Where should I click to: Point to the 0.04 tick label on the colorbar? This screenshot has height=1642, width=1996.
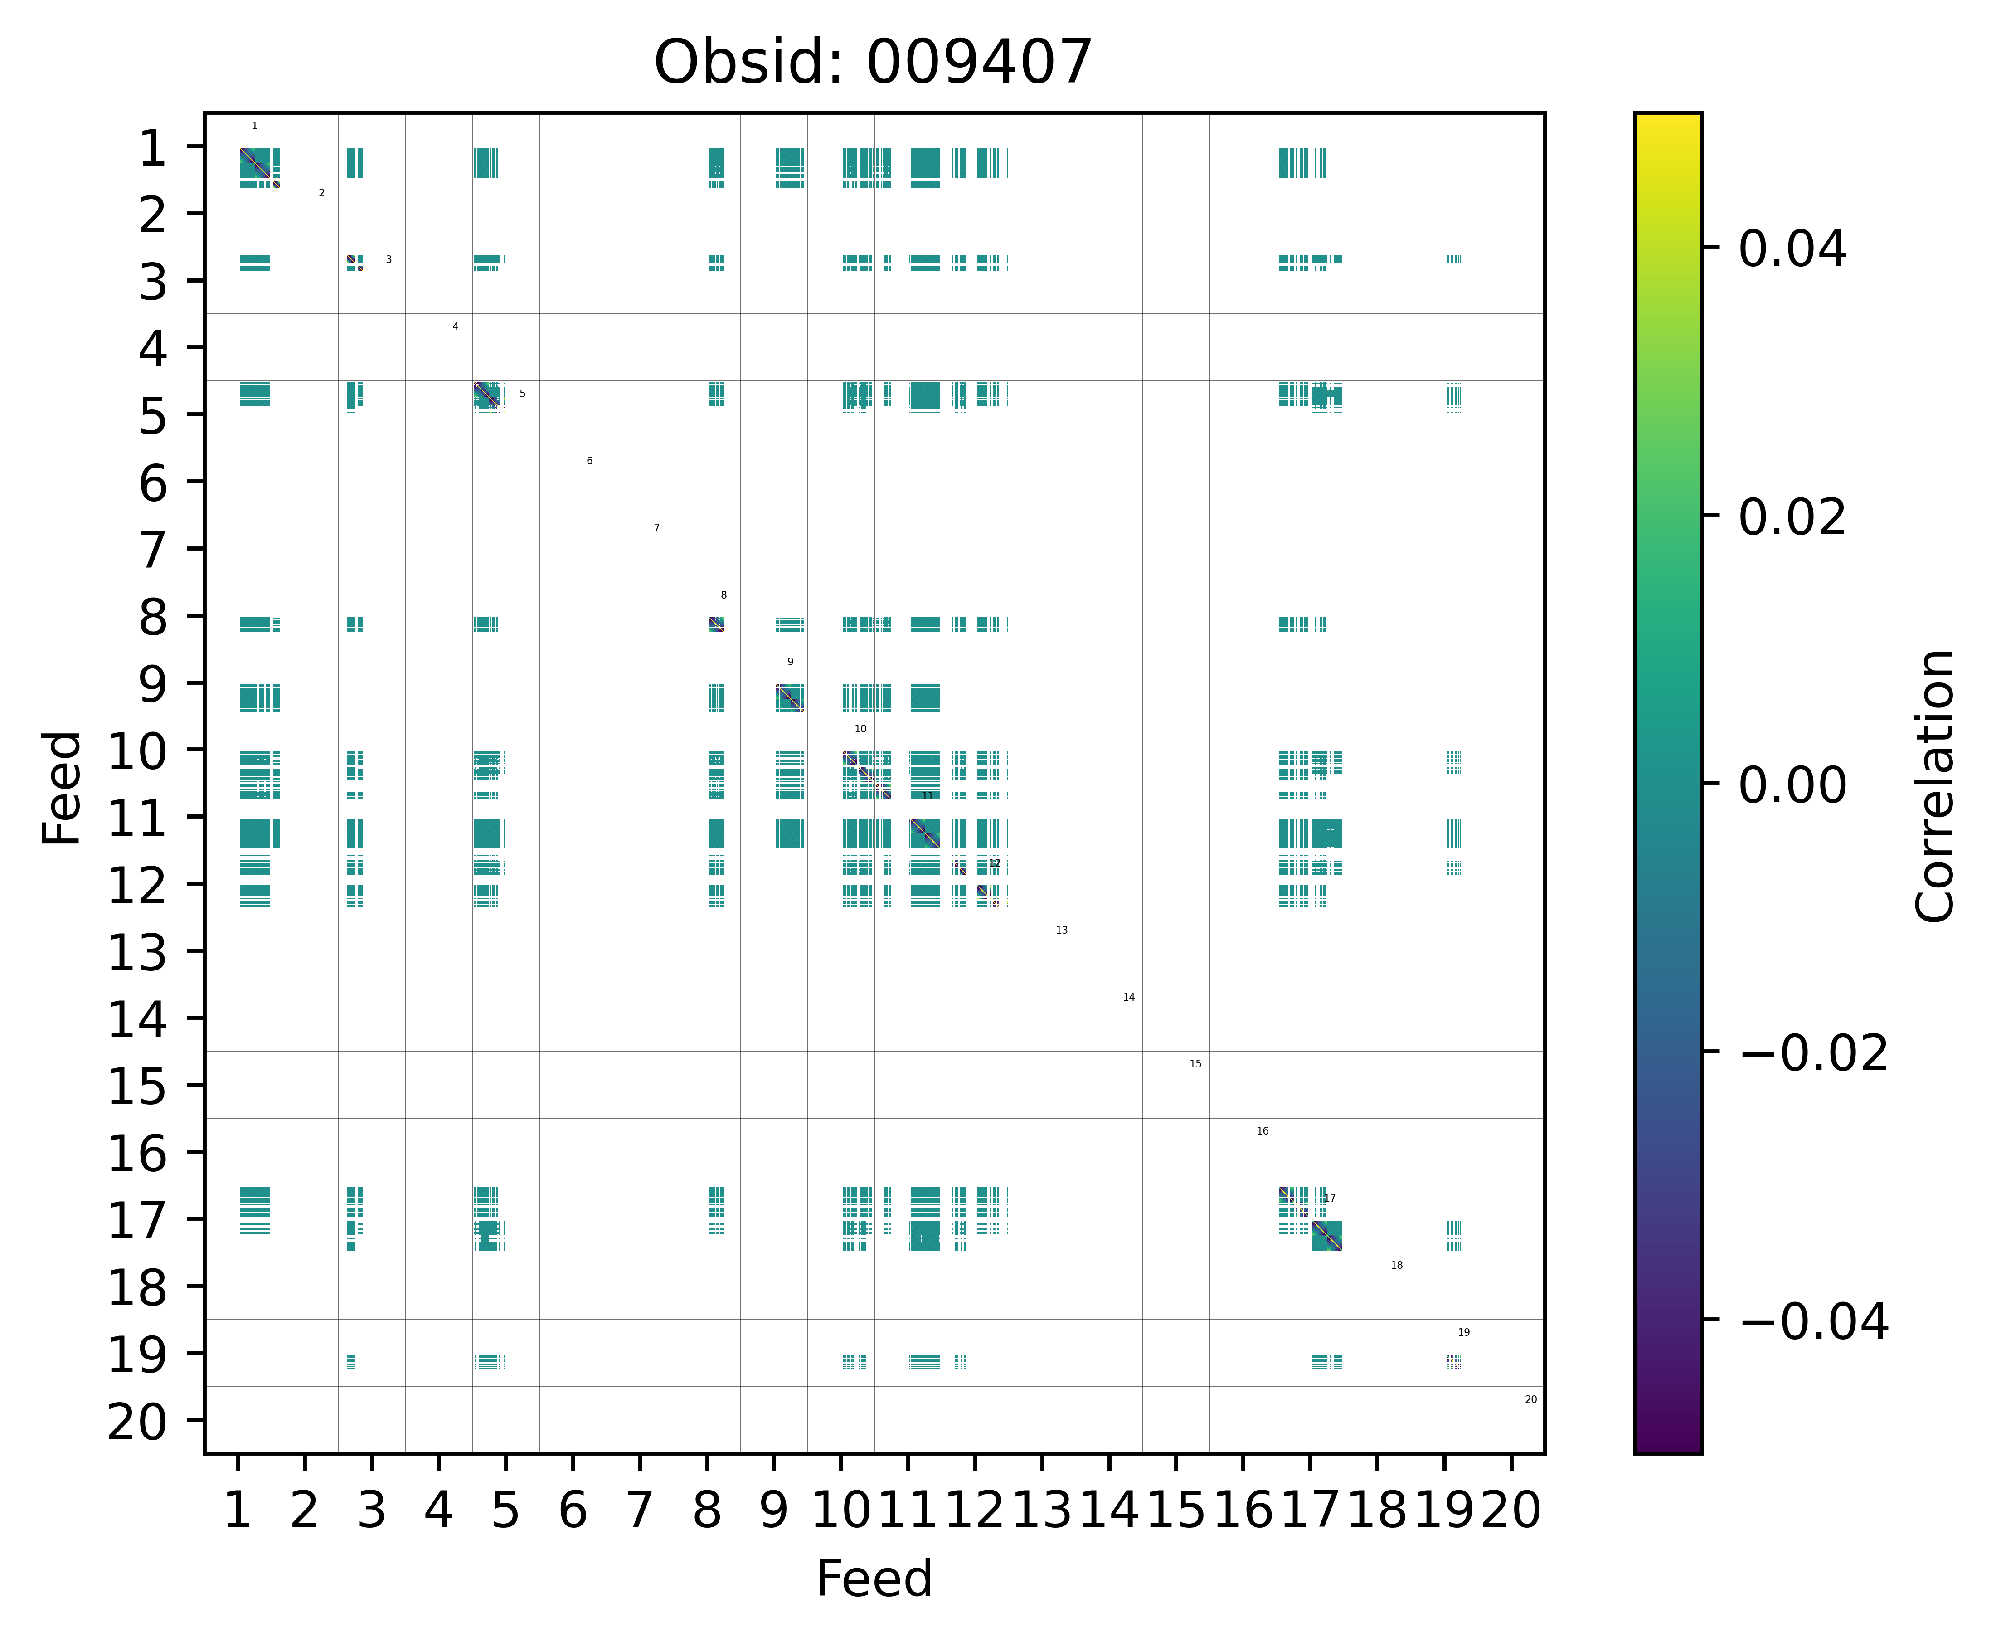1792,250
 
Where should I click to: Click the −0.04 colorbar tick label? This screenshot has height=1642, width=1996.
1812,1321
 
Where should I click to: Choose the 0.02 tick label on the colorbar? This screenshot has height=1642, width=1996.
1792,517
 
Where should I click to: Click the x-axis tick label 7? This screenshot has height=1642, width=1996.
640,1510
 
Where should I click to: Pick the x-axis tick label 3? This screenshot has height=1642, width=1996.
372,1510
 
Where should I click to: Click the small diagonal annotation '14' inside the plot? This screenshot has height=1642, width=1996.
1128,997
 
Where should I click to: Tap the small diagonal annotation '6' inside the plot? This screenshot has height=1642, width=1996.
589,461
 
